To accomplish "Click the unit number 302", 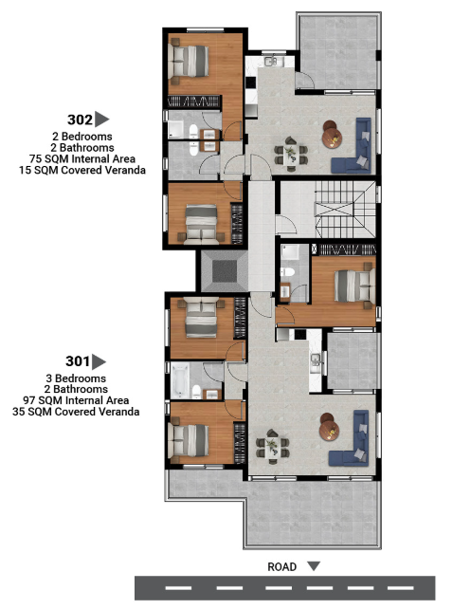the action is (x=80, y=120).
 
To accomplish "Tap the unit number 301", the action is (x=78, y=361).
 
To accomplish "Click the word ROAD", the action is (x=282, y=566).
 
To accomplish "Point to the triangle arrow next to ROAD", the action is (x=314, y=566).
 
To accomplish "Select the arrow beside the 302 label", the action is (x=101, y=120).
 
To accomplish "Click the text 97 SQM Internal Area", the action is (x=76, y=400).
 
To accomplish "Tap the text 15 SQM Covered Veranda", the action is (x=82, y=170).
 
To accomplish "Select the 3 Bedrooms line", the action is (x=76, y=378).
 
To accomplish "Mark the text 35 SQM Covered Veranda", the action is (x=76, y=412).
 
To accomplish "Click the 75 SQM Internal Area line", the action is (x=82, y=158).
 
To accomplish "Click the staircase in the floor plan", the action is (x=345, y=210).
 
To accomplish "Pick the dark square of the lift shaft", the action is (x=225, y=271).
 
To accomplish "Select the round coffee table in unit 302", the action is (x=332, y=136).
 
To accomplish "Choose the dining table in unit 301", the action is (x=272, y=447).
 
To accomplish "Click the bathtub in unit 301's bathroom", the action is (x=180, y=380).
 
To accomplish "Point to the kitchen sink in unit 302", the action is (x=272, y=61).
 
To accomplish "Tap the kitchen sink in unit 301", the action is (x=316, y=361).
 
